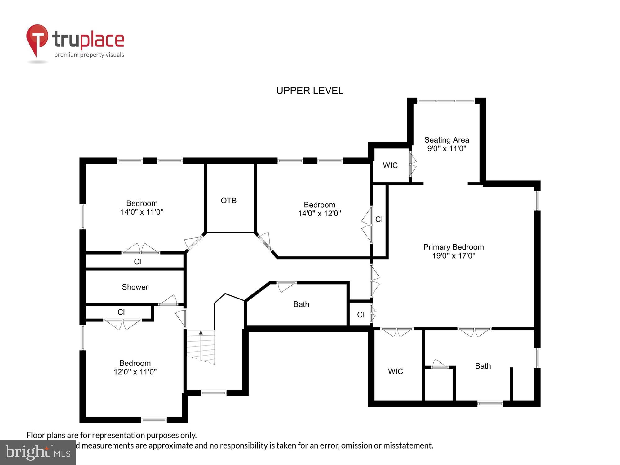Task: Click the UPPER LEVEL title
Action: pos(310,91)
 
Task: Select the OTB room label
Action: pos(228,201)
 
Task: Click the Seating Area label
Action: pos(446,140)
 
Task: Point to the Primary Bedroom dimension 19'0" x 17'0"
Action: pos(454,256)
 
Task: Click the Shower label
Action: pos(135,287)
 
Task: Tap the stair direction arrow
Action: pos(201,333)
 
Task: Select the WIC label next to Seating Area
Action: pos(390,165)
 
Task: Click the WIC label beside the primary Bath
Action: pos(395,371)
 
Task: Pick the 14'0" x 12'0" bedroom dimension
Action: pos(319,214)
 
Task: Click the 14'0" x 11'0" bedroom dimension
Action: pos(142,212)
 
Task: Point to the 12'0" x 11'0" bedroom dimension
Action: pos(135,372)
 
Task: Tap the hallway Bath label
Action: pos(301,304)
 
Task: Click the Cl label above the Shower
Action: pos(137,262)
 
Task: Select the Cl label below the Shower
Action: pos(121,312)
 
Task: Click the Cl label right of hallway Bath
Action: pos(361,315)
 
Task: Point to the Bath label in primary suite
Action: pos(483,366)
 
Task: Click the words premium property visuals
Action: pos(89,55)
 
